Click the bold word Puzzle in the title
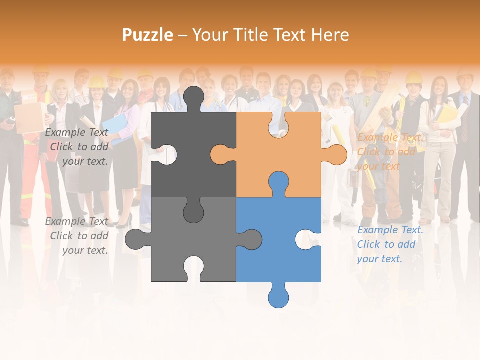click(148, 35)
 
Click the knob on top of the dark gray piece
click(193, 98)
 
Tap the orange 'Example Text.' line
click(390, 137)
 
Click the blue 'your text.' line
click(379, 259)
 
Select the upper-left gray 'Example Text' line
click(76, 132)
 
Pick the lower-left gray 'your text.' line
click(85, 250)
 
